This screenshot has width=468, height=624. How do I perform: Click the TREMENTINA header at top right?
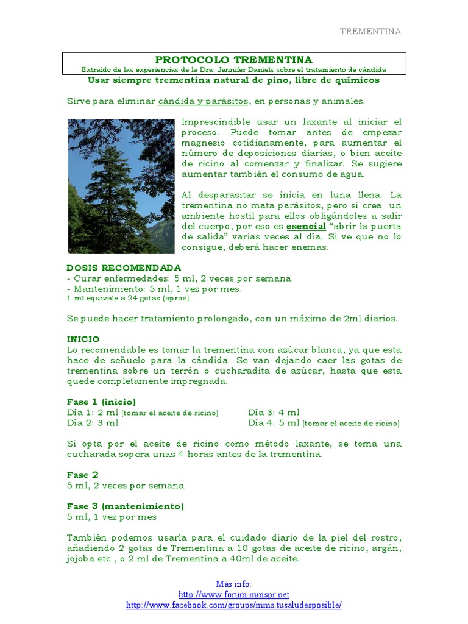(370, 32)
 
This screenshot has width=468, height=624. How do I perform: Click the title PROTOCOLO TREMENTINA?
(233, 60)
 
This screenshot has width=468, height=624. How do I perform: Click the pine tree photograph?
(121, 186)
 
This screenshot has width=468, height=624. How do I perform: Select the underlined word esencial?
(306, 225)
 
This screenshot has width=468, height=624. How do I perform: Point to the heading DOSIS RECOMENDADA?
(124, 268)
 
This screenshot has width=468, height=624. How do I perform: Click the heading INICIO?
(83, 339)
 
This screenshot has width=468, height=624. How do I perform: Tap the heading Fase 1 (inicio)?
(101, 402)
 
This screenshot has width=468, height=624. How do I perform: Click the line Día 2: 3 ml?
(93, 423)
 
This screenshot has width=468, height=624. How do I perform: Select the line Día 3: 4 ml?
(274, 413)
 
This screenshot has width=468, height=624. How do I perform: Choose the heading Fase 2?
(82, 475)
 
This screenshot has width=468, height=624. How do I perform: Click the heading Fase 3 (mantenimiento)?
(125, 506)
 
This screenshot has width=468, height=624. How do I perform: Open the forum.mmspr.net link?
(233, 594)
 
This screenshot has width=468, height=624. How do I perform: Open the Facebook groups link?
(233, 604)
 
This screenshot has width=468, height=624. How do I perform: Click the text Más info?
(233, 584)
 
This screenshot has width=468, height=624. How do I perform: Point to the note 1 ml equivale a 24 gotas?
(128, 299)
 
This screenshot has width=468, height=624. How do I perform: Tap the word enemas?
(311, 247)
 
